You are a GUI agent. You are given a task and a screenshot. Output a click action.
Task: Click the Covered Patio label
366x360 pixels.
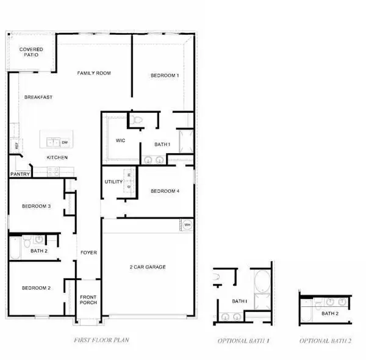pos(30,52)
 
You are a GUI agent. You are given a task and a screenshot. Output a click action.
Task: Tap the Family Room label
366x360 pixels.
pos(93,73)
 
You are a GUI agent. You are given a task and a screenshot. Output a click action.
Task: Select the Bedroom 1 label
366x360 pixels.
pos(165,76)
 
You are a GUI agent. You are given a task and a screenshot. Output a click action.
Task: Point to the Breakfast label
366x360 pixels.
pos(38,97)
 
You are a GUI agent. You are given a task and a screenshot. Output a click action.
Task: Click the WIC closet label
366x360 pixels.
pos(121,140)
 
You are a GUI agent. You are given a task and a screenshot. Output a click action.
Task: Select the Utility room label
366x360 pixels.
pos(114,182)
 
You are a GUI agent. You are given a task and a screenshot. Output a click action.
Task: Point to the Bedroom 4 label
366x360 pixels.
pos(165,191)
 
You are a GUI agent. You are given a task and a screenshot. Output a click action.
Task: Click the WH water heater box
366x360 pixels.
pos(187,225)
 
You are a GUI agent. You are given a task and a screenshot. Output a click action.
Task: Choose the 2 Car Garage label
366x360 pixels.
pos(147,267)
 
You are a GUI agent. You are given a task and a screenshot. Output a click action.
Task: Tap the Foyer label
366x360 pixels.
pos(89,252)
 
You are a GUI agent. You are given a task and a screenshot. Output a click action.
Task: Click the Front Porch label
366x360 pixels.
pos(88,301)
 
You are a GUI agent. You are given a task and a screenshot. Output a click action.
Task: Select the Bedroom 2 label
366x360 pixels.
pos(36,288)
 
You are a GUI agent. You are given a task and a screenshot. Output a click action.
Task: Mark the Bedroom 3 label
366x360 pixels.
pos(36,206)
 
